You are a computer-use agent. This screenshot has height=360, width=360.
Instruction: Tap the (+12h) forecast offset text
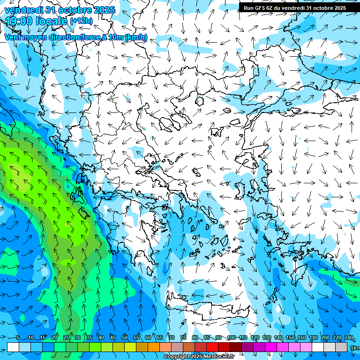tap(81, 21)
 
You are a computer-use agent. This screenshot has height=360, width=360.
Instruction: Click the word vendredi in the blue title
tap(23, 10)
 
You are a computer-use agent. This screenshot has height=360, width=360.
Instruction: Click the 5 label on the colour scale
tap(17, 338)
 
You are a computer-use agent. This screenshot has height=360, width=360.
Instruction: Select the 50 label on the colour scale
tap(124, 338)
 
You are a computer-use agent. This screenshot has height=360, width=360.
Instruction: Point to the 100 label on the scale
tap(231, 338)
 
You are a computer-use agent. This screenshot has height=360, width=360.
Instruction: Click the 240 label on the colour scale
tap(348, 338)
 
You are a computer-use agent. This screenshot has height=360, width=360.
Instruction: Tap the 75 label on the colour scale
tap(183, 338)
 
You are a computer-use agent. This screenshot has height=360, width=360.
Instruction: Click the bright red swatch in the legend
tap(212, 347)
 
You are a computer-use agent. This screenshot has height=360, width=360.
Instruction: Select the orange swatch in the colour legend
tap(154, 347)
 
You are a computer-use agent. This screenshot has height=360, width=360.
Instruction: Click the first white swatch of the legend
tap(13, 347)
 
